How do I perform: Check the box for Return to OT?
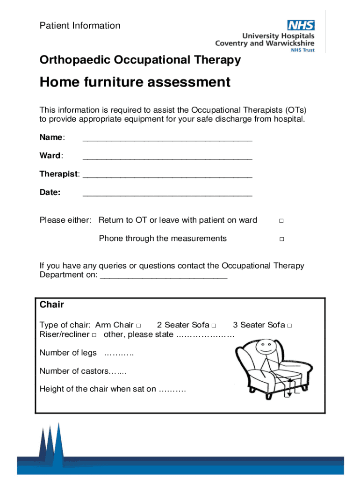[x=281, y=221]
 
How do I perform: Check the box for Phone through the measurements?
[x=281, y=239]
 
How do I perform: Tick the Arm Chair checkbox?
[x=138, y=326]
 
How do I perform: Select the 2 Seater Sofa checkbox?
[x=214, y=326]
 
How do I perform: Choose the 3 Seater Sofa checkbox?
[x=290, y=326]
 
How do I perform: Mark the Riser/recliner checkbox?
[x=94, y=335]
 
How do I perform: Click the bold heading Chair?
[x=51, y=305]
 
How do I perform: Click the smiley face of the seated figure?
[x=266, y=347]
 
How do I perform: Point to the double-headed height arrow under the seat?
[x=289, y=388]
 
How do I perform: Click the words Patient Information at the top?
[x=80, y=26]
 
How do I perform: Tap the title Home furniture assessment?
[x=135, y=82]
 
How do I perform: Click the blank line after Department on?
[x=164, y=276]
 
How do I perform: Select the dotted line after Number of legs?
[x=119, y=353]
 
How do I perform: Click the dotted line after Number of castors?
[x=117, y=371]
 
